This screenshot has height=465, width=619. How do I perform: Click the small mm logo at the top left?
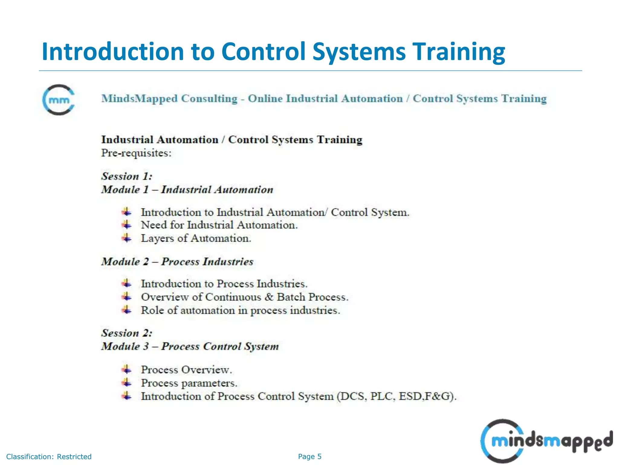[x=59, y=100]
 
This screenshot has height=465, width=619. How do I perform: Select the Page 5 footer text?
[x=309, y=457]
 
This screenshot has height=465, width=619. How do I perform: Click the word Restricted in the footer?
[x=74, y=457]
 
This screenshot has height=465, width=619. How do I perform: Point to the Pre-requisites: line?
[x=136, y=153]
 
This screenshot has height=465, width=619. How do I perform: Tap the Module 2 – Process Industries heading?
[x=177, y=262]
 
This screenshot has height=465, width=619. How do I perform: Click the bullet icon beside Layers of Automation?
[x=127, y=238]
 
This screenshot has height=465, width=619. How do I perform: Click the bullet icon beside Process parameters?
[x=127, y=383]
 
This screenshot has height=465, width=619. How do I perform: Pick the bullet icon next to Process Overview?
[x=127, y=369]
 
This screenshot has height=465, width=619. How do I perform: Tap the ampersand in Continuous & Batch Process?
[x=269, y=297]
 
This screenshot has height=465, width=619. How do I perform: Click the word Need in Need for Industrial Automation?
[x=154, y=225]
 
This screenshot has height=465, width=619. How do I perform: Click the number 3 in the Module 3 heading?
[x=146, y=346]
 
